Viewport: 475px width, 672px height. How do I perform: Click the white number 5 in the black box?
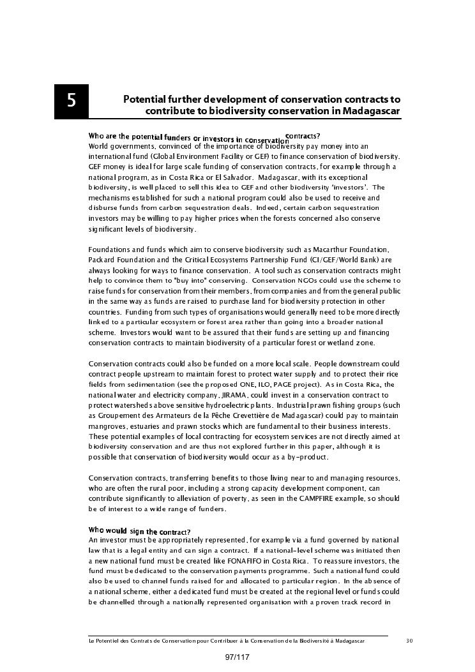pos(71,101)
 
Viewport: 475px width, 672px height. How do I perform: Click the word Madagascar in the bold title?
pos(371,111)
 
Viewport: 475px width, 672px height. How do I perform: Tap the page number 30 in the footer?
pos(409,640)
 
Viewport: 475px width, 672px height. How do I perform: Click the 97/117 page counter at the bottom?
pos(237,657)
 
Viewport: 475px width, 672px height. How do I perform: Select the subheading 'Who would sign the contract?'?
pos(139,531)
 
